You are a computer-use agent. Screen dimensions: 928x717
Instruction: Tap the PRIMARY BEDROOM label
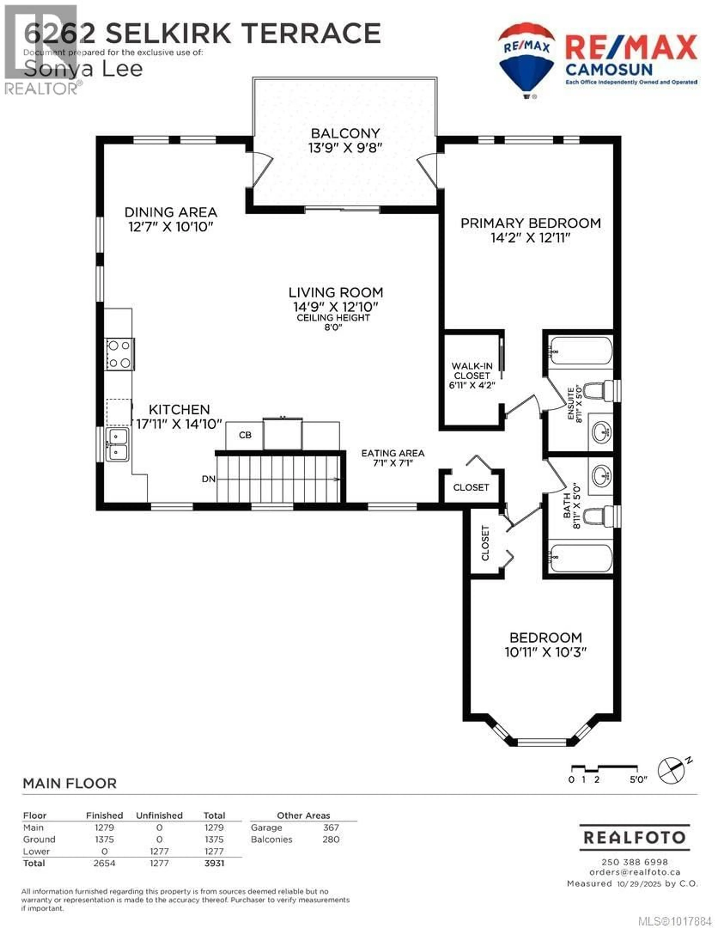pos(530,223)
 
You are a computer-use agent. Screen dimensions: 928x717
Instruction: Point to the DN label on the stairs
pos(209,479)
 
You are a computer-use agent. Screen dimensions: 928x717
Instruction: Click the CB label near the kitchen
pos(245,435)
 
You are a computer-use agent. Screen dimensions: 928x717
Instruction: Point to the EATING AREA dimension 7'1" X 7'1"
pos(393,463)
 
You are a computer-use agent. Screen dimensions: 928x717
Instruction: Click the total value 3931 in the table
pos(214,863)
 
